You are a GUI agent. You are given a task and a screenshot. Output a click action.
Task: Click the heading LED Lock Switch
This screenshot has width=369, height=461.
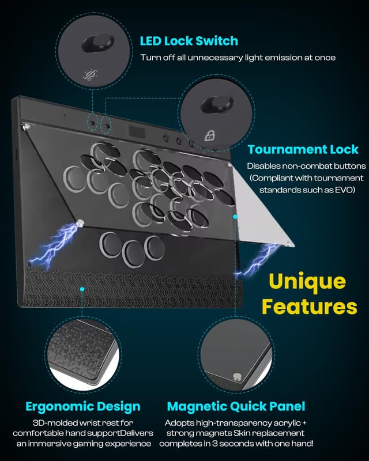click(189, 41)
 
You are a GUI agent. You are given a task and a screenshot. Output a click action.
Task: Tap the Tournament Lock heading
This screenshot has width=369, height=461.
click(303, 150)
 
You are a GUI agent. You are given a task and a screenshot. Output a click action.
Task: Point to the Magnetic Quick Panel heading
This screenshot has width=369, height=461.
click(236, 406)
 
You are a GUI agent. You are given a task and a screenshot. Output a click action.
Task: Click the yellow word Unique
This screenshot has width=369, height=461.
click(308, 282)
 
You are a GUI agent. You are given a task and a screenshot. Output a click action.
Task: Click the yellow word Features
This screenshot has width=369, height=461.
click(309, 306)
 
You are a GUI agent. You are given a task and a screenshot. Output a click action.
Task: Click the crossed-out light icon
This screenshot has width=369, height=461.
click(91, 74)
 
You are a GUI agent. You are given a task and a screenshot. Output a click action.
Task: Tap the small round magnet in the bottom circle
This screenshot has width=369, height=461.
click(237, 376)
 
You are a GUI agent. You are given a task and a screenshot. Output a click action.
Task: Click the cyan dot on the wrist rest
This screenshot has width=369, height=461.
click(82, 288)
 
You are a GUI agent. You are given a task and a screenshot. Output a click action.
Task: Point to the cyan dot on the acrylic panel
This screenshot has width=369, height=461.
click(235, 216)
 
